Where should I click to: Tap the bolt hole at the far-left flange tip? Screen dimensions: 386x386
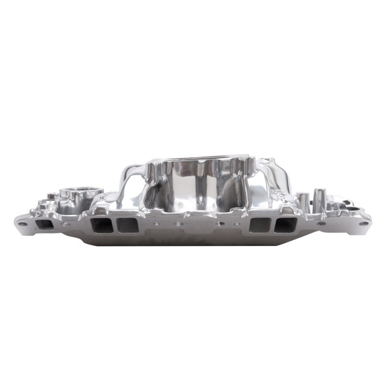[x=22, y=224]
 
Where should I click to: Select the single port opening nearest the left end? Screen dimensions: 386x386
[x=44, y=224]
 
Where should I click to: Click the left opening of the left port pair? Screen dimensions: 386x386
[x=101, y=225]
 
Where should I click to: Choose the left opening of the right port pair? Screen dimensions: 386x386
[x=260, y=225]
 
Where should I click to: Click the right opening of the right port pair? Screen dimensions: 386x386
[x=285, y=225]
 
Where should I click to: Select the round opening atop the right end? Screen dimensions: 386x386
[x=353, y=209]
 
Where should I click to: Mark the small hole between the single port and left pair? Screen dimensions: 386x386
[x=65, y=224]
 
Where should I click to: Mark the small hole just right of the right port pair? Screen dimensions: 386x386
[x=320, y=223]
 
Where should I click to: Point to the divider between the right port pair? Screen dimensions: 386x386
[x=273, y=225]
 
